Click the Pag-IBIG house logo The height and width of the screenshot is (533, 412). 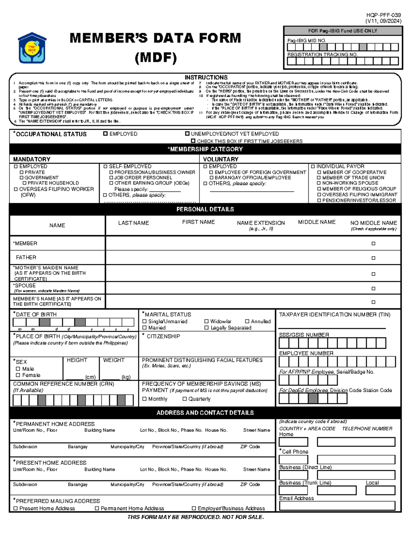click(x=32, y=48)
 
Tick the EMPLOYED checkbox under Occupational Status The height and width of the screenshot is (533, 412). click(x=105, y=134)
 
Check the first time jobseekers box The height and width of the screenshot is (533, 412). click(x=193, y=141)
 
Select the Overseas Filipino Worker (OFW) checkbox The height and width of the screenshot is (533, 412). click(x=15, y=189)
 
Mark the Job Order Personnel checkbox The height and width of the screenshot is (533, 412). click(x=111, y=178)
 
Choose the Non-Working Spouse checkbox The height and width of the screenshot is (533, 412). click(x=319, y=183)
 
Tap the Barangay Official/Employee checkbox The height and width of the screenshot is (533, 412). click(x=211, y=178)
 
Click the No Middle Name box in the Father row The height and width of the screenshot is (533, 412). click(x=373, y=258)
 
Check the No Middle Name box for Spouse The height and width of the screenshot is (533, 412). click(x=373, y=289)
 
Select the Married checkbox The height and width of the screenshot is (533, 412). click(x=145, y=328)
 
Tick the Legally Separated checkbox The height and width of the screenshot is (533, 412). click(x=207, y=328)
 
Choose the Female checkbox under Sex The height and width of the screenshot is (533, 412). click(x=18, y=375)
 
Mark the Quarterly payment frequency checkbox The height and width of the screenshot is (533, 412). click(x=185, y=399)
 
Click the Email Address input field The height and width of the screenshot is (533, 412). click(x=337, y=506)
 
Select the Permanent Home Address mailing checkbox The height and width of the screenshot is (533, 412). click(x=97, y=508)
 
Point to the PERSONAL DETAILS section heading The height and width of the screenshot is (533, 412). click(x=205, y=209)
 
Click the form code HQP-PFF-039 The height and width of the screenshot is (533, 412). click(x=384, y=15)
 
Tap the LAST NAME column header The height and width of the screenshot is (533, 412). click(x=134, y=223)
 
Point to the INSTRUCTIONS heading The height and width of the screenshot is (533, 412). click(x=206, y=78)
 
